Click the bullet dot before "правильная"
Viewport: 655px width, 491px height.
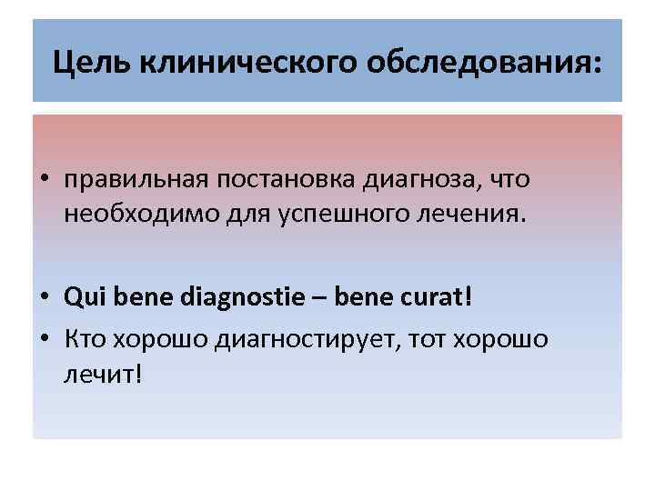click(43, 180)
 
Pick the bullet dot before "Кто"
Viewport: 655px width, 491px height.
click(43, 339)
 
